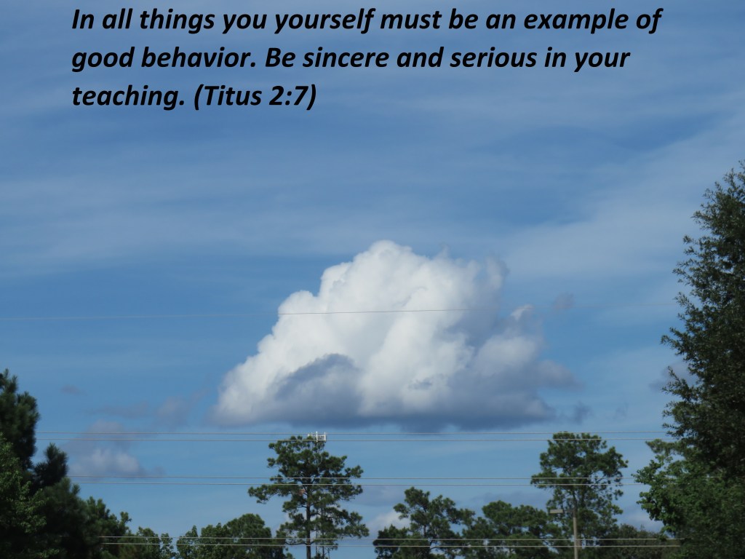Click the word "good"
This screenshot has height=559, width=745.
click(x=103, y=59)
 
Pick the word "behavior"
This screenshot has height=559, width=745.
click(x=199, y=58)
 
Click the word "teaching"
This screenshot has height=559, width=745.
click(x=128, y=97)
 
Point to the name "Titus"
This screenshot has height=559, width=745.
click(x=228, y=96)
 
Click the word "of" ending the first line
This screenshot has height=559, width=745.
click(x=648, y=21)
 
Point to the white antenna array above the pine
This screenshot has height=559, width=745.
click(x=317, y=436)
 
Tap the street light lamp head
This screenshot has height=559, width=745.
click(x=555, y=512)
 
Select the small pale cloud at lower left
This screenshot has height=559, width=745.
click(x=108, y=460)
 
